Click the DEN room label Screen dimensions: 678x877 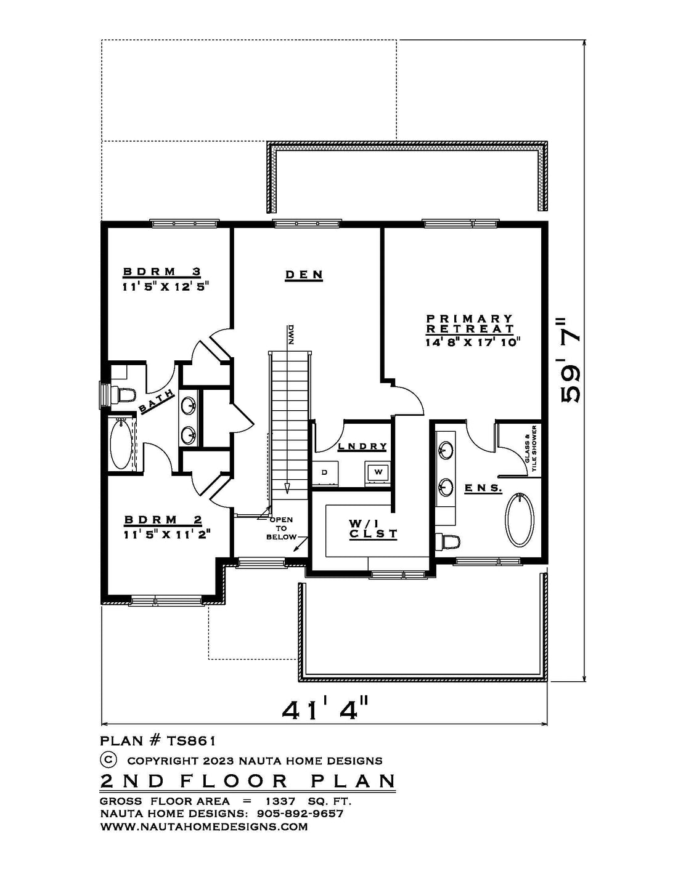coord(304,275)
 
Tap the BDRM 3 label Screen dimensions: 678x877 coord(162,272)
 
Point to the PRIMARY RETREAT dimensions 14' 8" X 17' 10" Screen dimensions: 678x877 coord(473,342)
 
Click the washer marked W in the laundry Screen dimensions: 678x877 coord(378,472)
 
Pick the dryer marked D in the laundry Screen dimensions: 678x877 coord(325,472)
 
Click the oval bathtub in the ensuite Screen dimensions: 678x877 coord(520,520)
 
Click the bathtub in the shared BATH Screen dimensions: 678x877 coord(121,444)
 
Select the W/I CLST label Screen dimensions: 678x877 coord(374,528)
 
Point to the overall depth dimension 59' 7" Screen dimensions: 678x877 coord(570,362)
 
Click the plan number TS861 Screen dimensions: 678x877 coord(190,741)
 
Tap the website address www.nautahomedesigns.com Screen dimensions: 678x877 coord(203,826)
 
